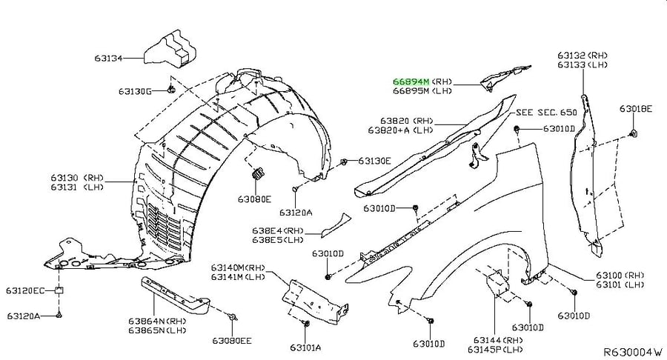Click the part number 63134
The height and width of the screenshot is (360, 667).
point(108,59)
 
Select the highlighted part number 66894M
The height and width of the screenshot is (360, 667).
point(411,81)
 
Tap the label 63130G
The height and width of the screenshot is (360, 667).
point(135,91)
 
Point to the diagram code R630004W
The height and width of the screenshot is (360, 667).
point(634,352)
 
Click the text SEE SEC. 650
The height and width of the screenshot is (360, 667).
point(547,112)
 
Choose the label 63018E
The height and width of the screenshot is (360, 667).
point(636,109)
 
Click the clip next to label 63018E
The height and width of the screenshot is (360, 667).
point(634,133)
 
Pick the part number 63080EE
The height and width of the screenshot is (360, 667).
point(232,341)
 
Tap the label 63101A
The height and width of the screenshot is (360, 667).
point(305,347)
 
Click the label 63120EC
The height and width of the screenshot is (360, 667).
point(25,290)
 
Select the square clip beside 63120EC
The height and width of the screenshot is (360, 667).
point(59,290)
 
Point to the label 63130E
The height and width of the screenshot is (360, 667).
point(374,161)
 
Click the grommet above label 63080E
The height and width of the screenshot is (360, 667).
point(258,173)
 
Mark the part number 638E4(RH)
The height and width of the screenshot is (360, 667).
point(278,231)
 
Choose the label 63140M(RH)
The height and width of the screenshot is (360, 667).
point(238,267)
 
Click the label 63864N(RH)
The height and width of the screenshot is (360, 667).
point(157,321)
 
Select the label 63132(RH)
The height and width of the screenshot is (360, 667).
point(583,56)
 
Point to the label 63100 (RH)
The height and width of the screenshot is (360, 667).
point(620,276)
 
